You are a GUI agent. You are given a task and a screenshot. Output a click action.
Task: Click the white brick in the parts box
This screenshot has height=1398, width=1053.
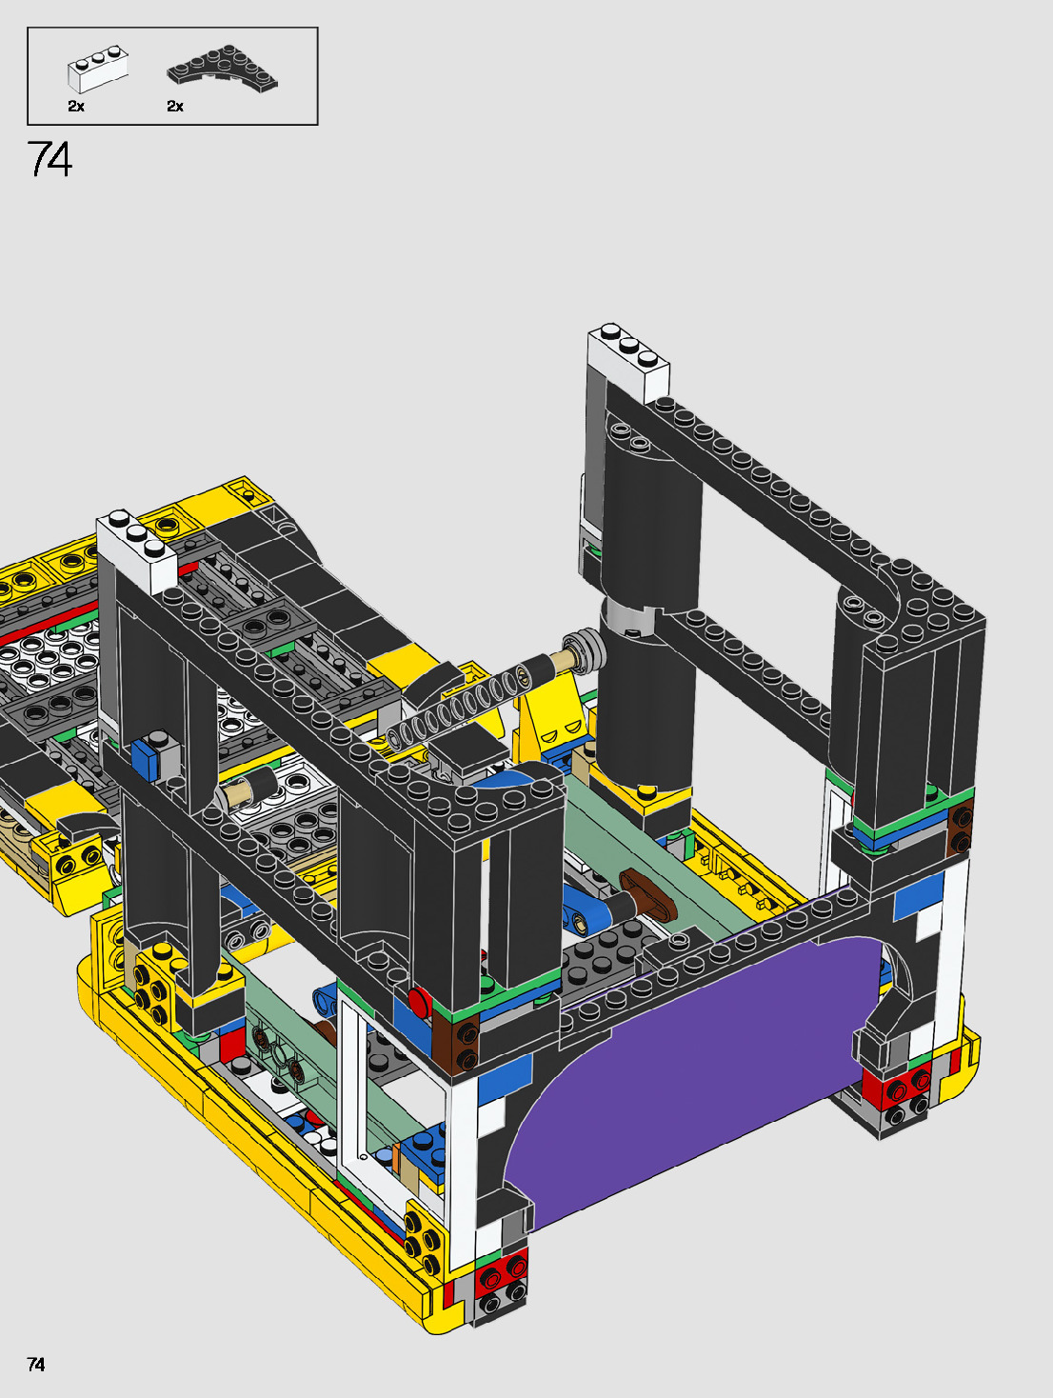point(97,70)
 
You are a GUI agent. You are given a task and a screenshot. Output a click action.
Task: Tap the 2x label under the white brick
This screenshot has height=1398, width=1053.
point(76,107)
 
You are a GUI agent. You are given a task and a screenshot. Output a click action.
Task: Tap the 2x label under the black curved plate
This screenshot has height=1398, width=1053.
point(175,107)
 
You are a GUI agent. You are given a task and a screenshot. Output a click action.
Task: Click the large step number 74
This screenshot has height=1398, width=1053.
point(50,159)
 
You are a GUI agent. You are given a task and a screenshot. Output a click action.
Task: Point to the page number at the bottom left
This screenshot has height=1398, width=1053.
point(35,1364)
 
